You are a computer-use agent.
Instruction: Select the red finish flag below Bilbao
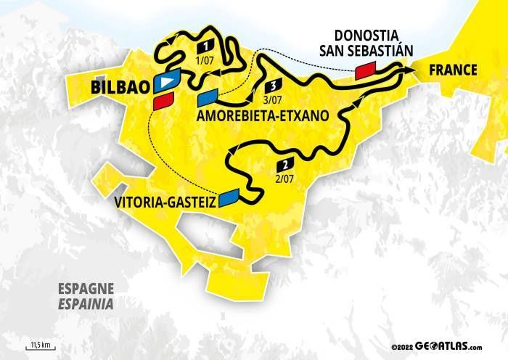tap(163, 102)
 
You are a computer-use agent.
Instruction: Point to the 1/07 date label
tap(205, 60)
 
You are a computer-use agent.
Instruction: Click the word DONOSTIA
tap(364, 36)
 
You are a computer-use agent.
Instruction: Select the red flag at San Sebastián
tap(366, 70)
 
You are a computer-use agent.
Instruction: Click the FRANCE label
tap(453, 70)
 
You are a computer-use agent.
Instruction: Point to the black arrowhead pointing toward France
tap(411, 70)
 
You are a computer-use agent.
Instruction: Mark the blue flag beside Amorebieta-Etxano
tap(208, 97)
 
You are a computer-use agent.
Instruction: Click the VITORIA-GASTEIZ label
tap(165, 204)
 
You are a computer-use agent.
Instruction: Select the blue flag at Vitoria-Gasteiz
tap(230, 195)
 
